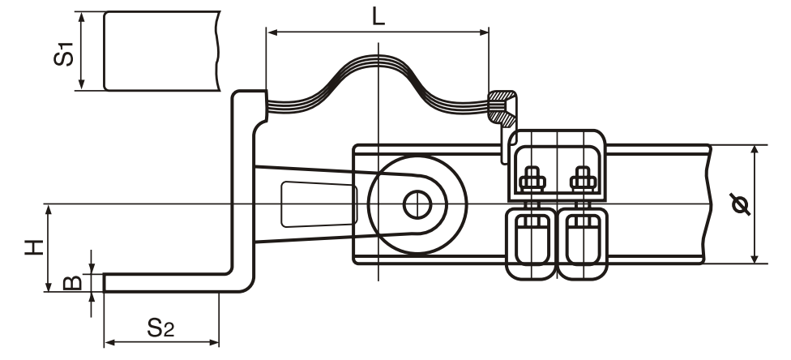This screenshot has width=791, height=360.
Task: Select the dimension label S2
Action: tap(160, 327)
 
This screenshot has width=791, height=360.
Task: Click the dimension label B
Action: tap(71, 282)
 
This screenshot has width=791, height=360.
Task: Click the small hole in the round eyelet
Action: tap(419, 204)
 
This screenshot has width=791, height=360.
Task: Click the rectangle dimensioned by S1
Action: tap(162, 50)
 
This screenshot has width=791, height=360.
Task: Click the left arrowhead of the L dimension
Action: tap(271, 32)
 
